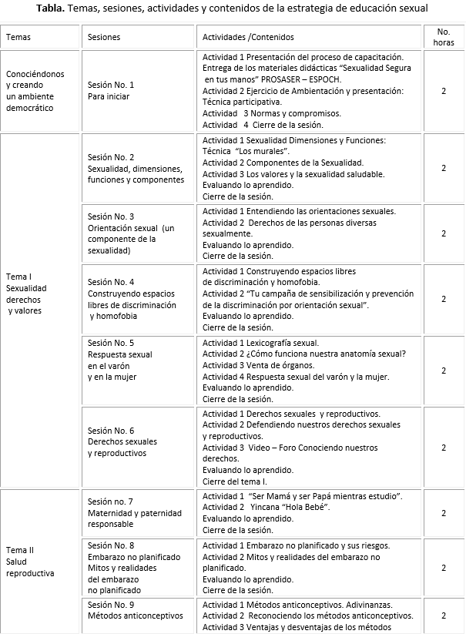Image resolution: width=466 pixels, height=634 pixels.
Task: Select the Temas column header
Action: (x=18, y=37)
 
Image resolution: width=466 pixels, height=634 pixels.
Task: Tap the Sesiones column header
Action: (x=104, y=37)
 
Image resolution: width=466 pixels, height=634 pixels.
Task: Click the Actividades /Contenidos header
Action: (x=248, y=37)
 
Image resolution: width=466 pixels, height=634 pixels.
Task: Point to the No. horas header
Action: (x=444, y=37)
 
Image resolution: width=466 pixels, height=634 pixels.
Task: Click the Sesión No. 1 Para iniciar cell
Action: (x=111, y=91)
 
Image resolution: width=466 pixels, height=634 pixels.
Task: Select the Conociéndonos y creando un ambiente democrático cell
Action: (x=35, y=91)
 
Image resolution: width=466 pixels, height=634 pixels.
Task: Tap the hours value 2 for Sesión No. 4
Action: (x=444, y=299)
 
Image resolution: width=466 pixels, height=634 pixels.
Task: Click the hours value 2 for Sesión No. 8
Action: (x=444, y=568)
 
